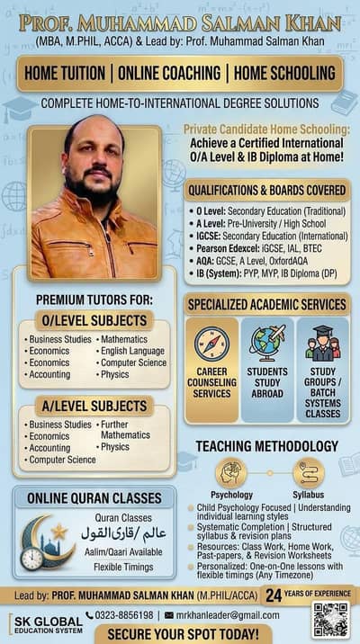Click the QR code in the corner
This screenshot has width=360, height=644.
click(330, 620)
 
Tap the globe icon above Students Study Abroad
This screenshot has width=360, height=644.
click(267, 344)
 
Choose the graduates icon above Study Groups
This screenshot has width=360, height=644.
click(322, 344)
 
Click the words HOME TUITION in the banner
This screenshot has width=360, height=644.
click(65, 74)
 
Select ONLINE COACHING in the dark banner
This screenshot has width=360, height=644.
click(168, 74)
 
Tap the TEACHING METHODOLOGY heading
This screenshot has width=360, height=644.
click(267, 446)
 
